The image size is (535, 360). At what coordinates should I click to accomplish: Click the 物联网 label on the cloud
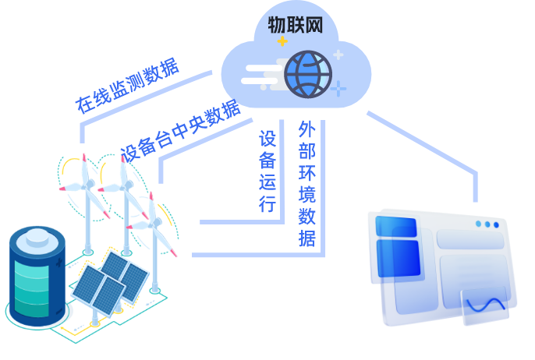coord(295,25)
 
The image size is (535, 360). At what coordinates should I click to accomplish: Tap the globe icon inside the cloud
coord(308,75)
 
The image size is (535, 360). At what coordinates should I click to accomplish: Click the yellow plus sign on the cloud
coord(282,41)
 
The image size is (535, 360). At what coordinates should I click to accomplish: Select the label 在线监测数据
coord(127,86)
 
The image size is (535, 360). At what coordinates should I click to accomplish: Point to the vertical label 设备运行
coord(267,171)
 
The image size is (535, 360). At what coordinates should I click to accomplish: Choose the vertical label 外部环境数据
coord(307,184)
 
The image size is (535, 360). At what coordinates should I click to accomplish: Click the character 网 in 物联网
coord(313,25)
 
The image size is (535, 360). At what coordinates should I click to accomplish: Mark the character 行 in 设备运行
coord(267,204)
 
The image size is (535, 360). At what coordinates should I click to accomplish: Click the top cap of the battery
coord(37,237)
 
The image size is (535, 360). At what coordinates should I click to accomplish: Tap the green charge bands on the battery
coord(36,288)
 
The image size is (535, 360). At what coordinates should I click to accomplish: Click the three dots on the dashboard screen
coord(487,224)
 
